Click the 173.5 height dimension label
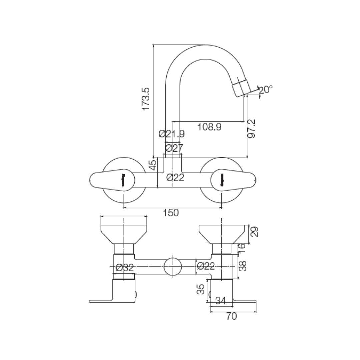coord(146,99)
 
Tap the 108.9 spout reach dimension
coord(209,127)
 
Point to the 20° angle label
coord(266,89)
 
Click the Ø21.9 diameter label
coord(172,134)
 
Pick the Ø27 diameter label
coord(174,148)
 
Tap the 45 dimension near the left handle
coord(153,165)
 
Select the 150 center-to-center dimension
coord(171,213)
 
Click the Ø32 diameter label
coord(125,267)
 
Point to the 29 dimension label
coord(254,232)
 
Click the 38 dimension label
coord(243,266)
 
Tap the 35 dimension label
coord(201,289)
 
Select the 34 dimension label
coord(220,301)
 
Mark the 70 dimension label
coord(231,316)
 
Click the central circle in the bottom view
coord(172,267)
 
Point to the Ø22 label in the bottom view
coord(206,266)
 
